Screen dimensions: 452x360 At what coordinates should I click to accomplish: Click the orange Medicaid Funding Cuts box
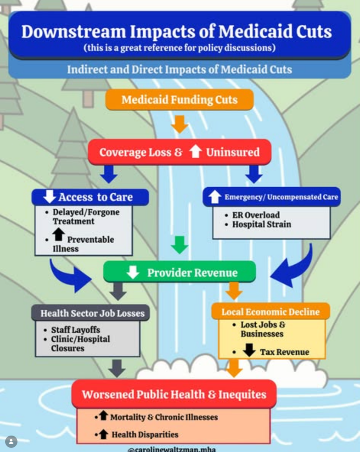[x=179, y=100]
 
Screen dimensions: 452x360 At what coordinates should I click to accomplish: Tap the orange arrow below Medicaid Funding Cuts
[x=179, y=124]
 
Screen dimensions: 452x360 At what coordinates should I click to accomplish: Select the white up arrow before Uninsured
[x=196, y=152]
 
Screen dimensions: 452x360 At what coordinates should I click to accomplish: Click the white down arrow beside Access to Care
[x=49, y=197]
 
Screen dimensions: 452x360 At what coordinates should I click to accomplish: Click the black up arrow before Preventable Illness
[x=59, y=234]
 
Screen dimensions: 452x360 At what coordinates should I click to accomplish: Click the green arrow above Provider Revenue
[x=179, y=244]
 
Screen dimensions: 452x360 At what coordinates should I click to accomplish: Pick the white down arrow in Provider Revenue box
[x=132, y=272]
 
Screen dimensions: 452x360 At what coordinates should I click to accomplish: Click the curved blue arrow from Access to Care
[x=70, y=275]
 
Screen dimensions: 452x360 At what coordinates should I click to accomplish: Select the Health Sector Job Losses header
[x=92, y=313]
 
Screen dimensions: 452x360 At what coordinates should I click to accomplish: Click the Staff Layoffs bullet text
[x=75, y=330]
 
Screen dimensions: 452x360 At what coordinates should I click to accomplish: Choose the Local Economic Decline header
[x=270, y=312]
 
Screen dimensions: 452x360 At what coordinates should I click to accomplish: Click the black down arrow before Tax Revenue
[x=249, y=350]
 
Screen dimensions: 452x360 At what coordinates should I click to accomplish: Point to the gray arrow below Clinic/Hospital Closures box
[x=117, y=368]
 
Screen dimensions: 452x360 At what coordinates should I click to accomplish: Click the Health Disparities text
[x=145, y=434]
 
